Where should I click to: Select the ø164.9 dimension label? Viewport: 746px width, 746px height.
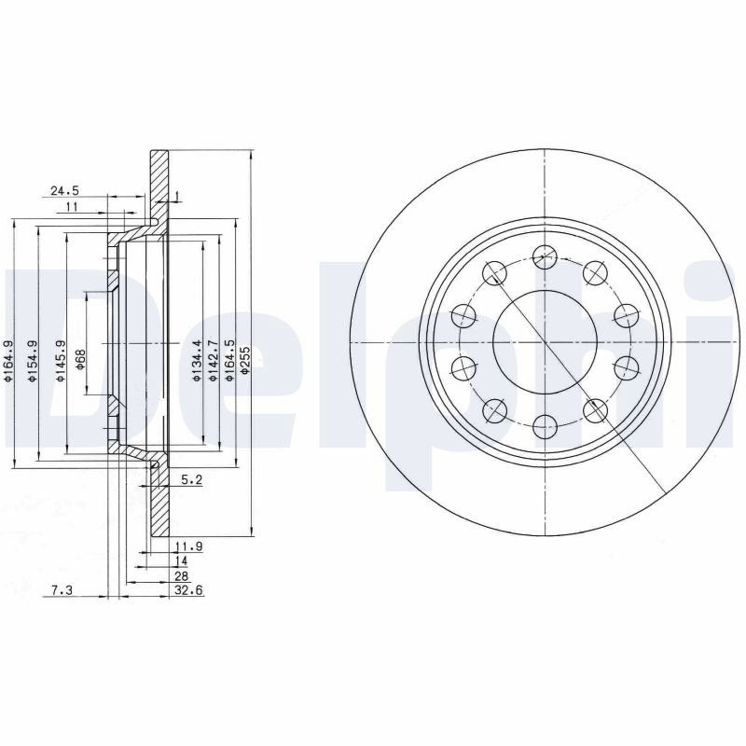[7, 361]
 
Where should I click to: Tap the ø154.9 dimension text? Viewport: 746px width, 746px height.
[33, 361]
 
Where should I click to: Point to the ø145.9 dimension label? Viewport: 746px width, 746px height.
[60, 361]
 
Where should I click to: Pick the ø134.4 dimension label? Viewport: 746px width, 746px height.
[196, 361]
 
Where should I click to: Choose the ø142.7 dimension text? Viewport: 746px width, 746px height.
[213, 361]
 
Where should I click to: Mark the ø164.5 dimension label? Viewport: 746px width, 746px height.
[229, 361]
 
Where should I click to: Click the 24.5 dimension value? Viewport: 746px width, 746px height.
[64, 191]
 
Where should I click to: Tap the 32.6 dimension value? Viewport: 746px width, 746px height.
[189, 590]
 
